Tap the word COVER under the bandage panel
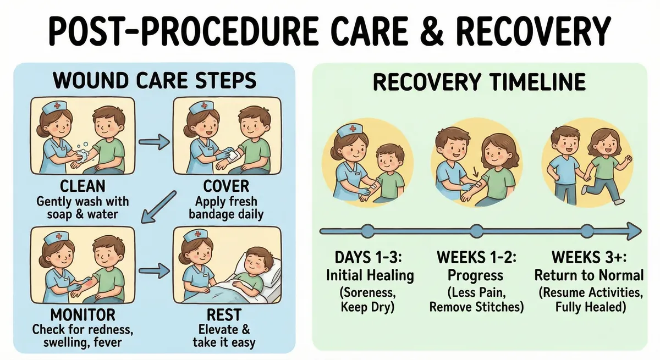coord(226,185)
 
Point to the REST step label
coord(224,315)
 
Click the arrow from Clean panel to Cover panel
coord(153,143)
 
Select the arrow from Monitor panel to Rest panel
coord(153,270)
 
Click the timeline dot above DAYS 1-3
coord(367,231)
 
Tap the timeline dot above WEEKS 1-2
coord(477,231)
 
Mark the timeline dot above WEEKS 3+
coord(587,231)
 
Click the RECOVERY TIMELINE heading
coord(479,82)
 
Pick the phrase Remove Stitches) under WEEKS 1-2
coord(476,307)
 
